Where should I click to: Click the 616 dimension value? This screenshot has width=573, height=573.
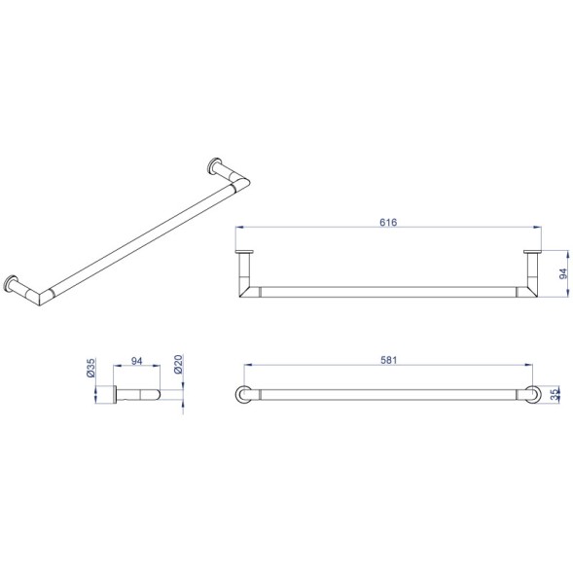point(388,222)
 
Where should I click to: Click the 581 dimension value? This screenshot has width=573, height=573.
point(388,360)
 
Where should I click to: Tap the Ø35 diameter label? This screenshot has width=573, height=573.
point(90,368)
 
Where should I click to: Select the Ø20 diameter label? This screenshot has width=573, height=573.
point(178,364)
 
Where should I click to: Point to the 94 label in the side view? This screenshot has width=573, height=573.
point(136,361)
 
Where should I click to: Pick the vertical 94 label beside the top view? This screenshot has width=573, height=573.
point(563,273)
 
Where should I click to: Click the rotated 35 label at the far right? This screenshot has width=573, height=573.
point(555,394)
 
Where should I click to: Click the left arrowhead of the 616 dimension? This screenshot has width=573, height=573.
point(239,228)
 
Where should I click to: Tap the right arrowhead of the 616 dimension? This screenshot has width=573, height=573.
point(537,228)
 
